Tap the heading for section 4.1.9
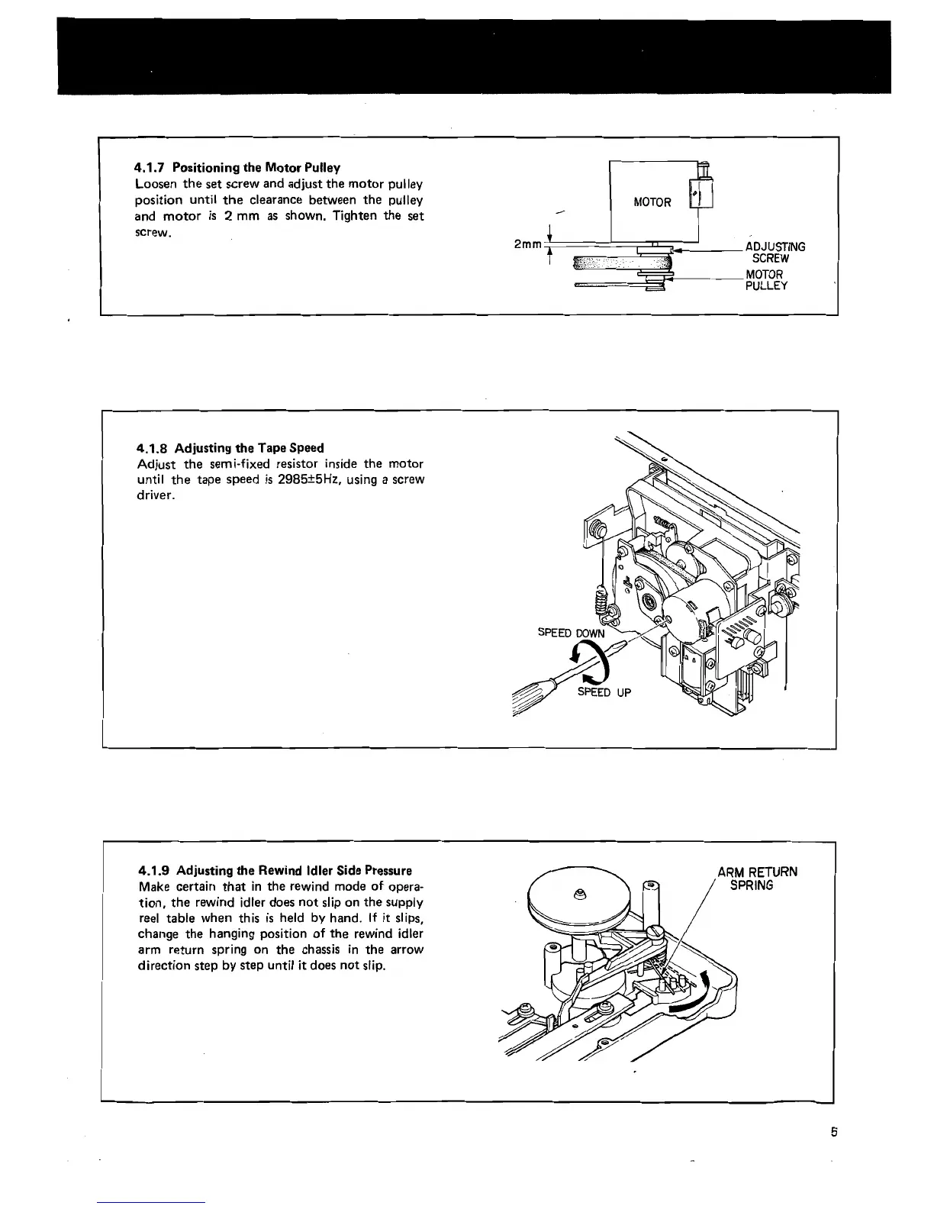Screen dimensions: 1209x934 [275, 870]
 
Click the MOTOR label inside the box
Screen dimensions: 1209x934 [652, 202]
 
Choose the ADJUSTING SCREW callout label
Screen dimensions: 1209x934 [775, 253]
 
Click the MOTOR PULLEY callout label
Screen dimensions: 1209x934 [766, 280]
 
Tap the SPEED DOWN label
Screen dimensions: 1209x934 [571, 633]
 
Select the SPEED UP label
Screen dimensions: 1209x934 [604, 692]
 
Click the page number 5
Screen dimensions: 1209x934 [835, 1133]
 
